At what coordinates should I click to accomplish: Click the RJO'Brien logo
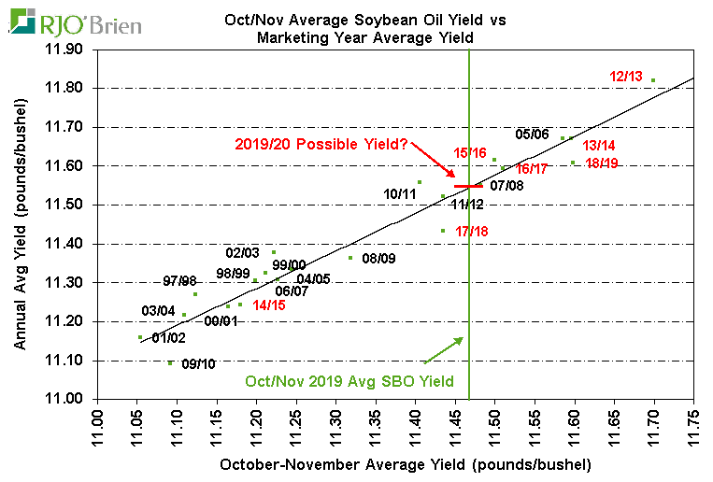click(x=78, y=21)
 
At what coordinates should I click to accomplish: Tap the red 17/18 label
click(x=472, y=231)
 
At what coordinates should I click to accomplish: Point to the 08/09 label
click(x=378, y=258)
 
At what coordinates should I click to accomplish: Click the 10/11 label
click(x=400, y=194)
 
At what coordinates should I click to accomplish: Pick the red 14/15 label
click(x=269, y=305)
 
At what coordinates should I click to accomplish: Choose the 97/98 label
click(x=179, y=281)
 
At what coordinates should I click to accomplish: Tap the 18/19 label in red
click(x=603, y=163)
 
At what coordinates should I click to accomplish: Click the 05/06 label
click(x=532, y=134)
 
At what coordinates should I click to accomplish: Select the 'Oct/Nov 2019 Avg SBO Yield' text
click(x=349, y=381)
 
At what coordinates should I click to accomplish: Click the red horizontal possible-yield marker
click(x=468, y=186)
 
